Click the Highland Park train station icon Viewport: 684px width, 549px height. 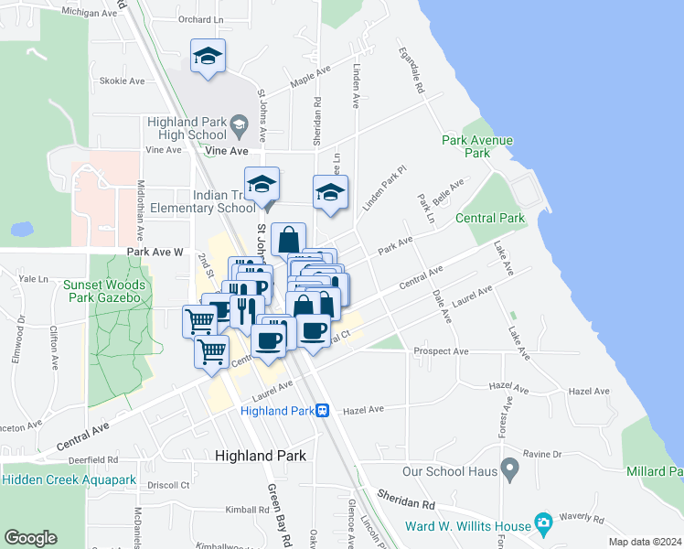point(324,411)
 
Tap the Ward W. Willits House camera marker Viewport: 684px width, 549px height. point(544,524)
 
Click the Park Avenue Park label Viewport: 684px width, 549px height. point(477,146)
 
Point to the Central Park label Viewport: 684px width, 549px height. point(490,218)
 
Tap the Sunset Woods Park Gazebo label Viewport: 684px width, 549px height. point(102,291)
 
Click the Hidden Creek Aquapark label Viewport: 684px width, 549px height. point(69,479)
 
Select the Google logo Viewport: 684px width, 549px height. point(30,538)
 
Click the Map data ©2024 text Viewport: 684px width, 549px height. point(646,542)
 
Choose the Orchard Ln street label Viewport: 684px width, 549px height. point(200,19)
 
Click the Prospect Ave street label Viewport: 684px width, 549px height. point(441,351)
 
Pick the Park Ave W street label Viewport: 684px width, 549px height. point(155,251)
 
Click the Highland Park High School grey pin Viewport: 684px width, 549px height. point(239,124)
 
